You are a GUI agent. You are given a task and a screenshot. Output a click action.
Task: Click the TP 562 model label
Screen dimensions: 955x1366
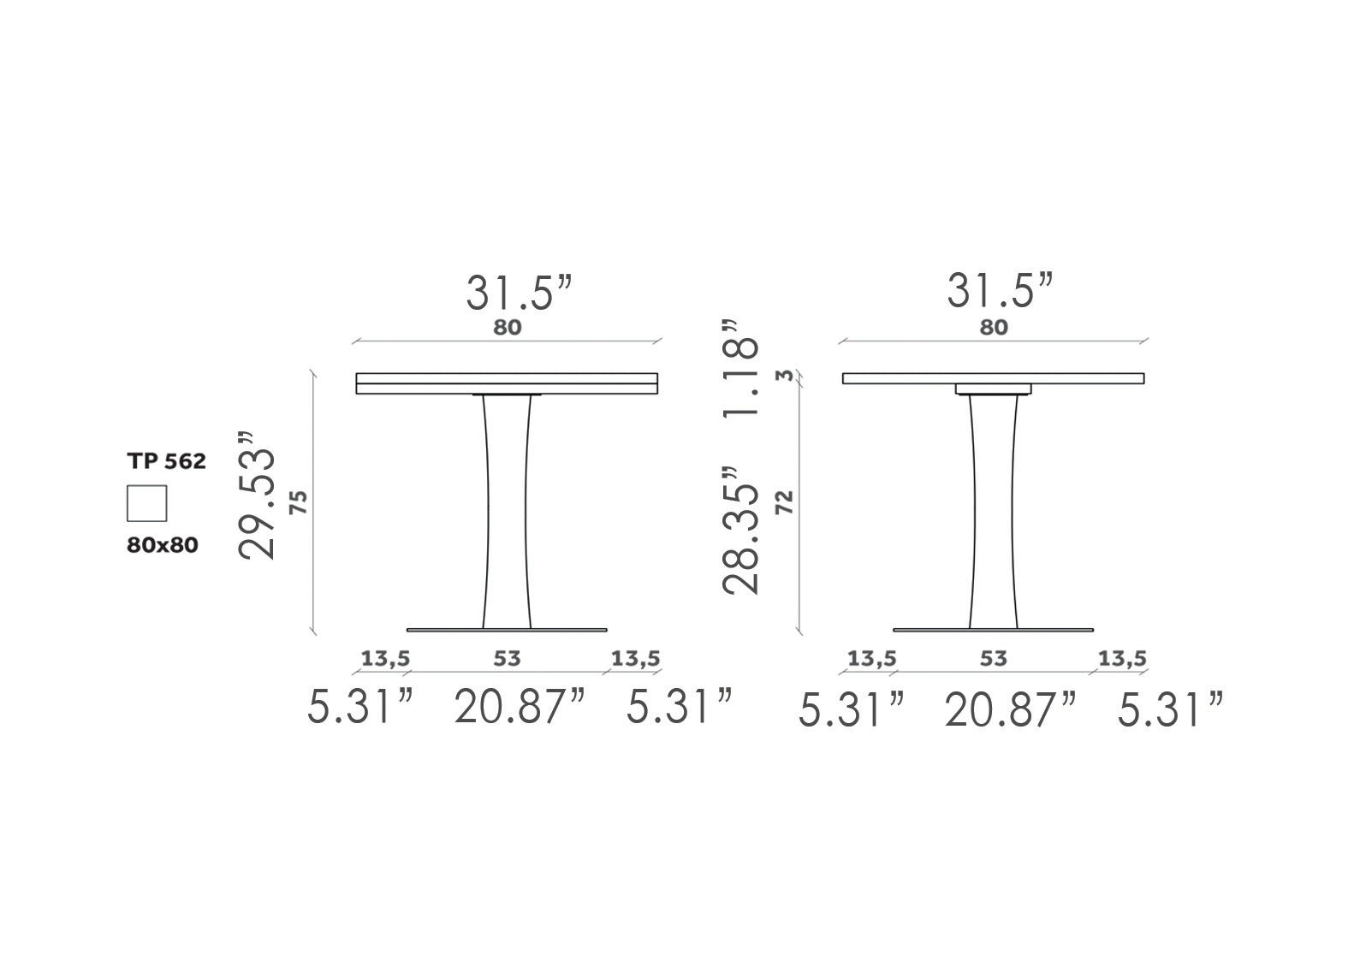click(167, 461)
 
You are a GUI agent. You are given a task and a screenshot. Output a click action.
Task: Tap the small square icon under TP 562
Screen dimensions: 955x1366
click(146, 503)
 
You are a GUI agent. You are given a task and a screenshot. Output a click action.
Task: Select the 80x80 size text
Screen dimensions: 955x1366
click(163, 544)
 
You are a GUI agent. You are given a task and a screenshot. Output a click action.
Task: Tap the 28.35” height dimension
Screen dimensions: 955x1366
click(741, 531)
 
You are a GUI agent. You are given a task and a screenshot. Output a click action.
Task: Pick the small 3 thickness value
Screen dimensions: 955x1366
click(780, 376)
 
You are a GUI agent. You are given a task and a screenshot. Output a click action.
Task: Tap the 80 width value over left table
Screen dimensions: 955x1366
click(507, 327)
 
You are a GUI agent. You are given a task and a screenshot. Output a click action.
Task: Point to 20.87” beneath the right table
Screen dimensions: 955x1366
click(1009, 711)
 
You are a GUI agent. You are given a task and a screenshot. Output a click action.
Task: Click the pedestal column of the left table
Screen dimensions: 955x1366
click(507, 513)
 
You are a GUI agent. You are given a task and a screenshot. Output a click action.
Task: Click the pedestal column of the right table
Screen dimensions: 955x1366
click(993, 513)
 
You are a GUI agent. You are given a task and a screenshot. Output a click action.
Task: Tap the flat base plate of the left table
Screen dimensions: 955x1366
click(507, 630)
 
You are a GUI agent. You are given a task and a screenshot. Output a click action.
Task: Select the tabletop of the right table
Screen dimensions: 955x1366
click(993, 378)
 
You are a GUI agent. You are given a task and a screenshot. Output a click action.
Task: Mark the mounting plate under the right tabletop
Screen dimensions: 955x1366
click(993, 389)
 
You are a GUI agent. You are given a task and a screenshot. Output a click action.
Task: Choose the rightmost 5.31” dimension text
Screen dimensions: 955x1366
click(1170, 711)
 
